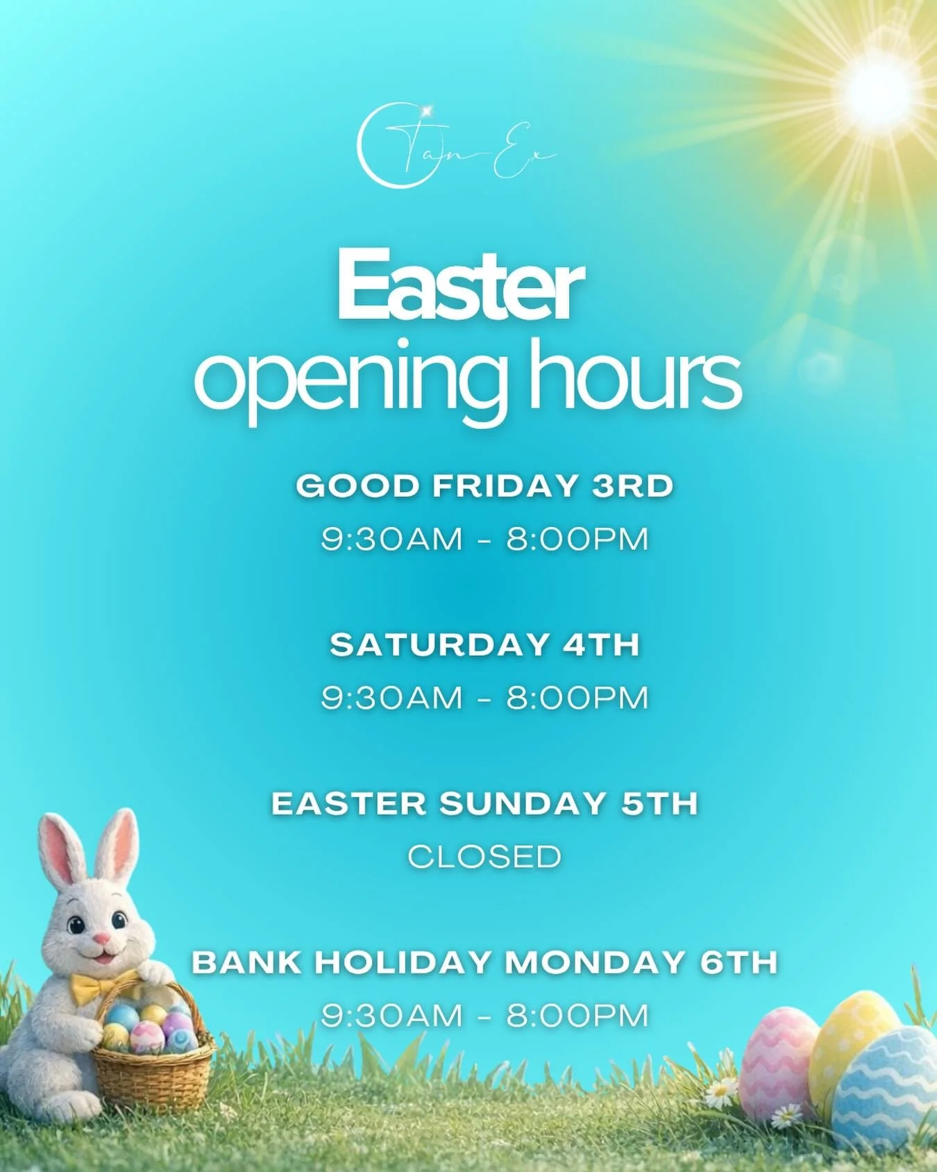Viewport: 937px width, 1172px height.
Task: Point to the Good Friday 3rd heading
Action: (484, 486)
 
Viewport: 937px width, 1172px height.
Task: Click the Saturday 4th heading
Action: (484, 645)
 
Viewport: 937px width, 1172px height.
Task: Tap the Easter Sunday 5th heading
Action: (484, 804)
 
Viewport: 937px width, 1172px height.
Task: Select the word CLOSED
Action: (484, 857)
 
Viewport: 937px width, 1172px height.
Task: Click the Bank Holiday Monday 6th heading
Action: (484, 963)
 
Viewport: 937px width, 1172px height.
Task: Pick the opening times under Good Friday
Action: (484, 539)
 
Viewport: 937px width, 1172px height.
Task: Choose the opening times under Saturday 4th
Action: (484, 698)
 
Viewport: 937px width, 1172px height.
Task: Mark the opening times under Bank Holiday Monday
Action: (484, 1016)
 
